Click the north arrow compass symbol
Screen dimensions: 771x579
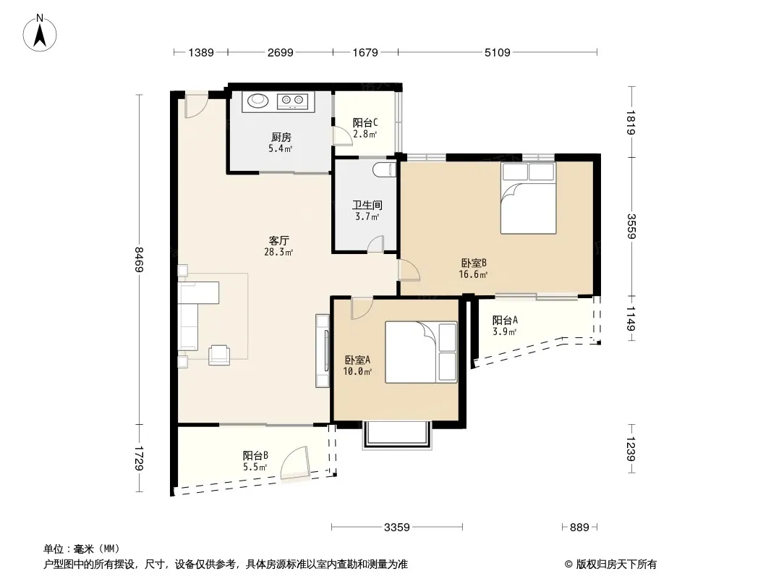[40, 33]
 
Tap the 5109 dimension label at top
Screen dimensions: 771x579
[497, 52]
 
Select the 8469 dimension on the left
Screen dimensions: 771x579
[140, 259]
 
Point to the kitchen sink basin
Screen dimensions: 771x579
[257, 101]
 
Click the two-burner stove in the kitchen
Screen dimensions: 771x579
[293, 101]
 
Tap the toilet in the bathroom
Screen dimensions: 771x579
[384, 169]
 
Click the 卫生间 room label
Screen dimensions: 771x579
[367, 205]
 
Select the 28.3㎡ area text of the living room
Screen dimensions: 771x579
[278, 253]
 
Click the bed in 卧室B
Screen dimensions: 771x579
[528, 198]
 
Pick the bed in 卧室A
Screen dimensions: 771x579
[421, 352]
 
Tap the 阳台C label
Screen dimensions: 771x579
[365, 122]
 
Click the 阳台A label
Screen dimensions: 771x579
[505, 320]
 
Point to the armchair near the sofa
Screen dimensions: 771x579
[219, 355]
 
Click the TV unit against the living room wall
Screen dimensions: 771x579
[323, 351]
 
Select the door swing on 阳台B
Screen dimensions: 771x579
[296, 463]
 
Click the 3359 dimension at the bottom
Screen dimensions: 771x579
[397, 528]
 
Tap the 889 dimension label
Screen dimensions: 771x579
[579, 528]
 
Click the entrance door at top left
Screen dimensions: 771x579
[196, 106]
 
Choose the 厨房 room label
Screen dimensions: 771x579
[281, 138]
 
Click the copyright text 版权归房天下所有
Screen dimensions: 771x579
[616, 565]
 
